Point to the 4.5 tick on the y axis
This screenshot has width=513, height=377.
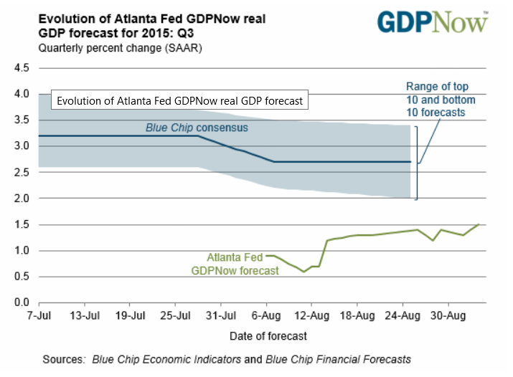pyautogui.click(x=21, y=68)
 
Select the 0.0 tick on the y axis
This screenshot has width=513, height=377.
pyautogui.click(x=21, y=302)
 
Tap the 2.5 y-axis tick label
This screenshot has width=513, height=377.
pyautogui.click(x=21, y=172)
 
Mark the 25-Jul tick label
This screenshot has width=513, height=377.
pyautogui.click(x=177, y=315)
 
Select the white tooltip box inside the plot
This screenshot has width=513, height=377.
pyautogui.click(x=180, y=101)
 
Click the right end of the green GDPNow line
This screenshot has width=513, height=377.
pyautogui.click(x=479, y=224)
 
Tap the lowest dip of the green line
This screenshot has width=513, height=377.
pyautogui.click(x=303, y=272)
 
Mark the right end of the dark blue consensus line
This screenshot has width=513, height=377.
pyautogui.click(x=410, y=161)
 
